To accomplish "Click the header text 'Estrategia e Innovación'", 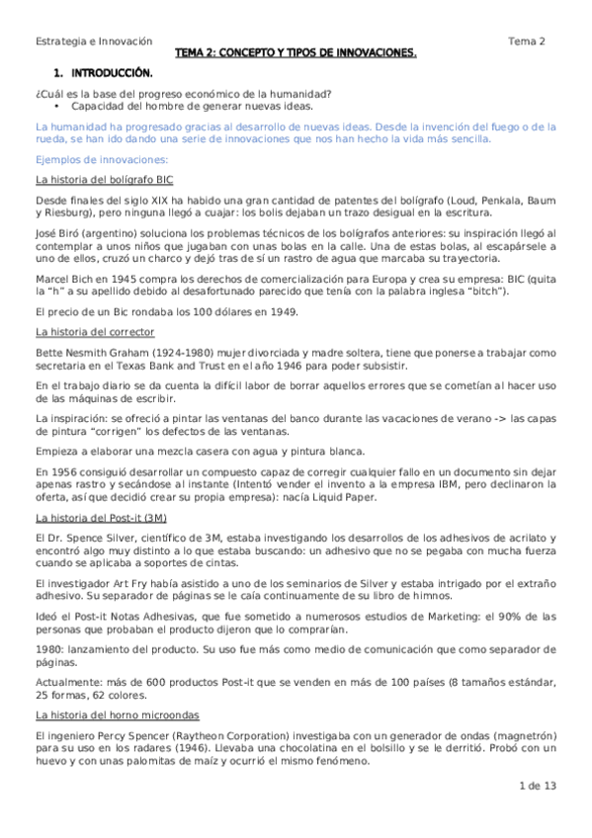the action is pyautogui.click(x=94, y=41).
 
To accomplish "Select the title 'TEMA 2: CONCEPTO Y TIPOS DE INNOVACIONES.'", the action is pyautogui.click(x=296, y=52).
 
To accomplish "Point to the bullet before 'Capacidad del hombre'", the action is pyautogui.click(x=59, y=105).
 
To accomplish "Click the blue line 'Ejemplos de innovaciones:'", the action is pyautogui.click(x=102, y=159).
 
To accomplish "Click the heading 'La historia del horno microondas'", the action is pyautogui.click(x=118, y=712).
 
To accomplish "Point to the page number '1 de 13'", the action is pyautogui.click(x=538, y=786).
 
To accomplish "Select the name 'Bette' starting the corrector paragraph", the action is pyautogui.click(x=49, y=353).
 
